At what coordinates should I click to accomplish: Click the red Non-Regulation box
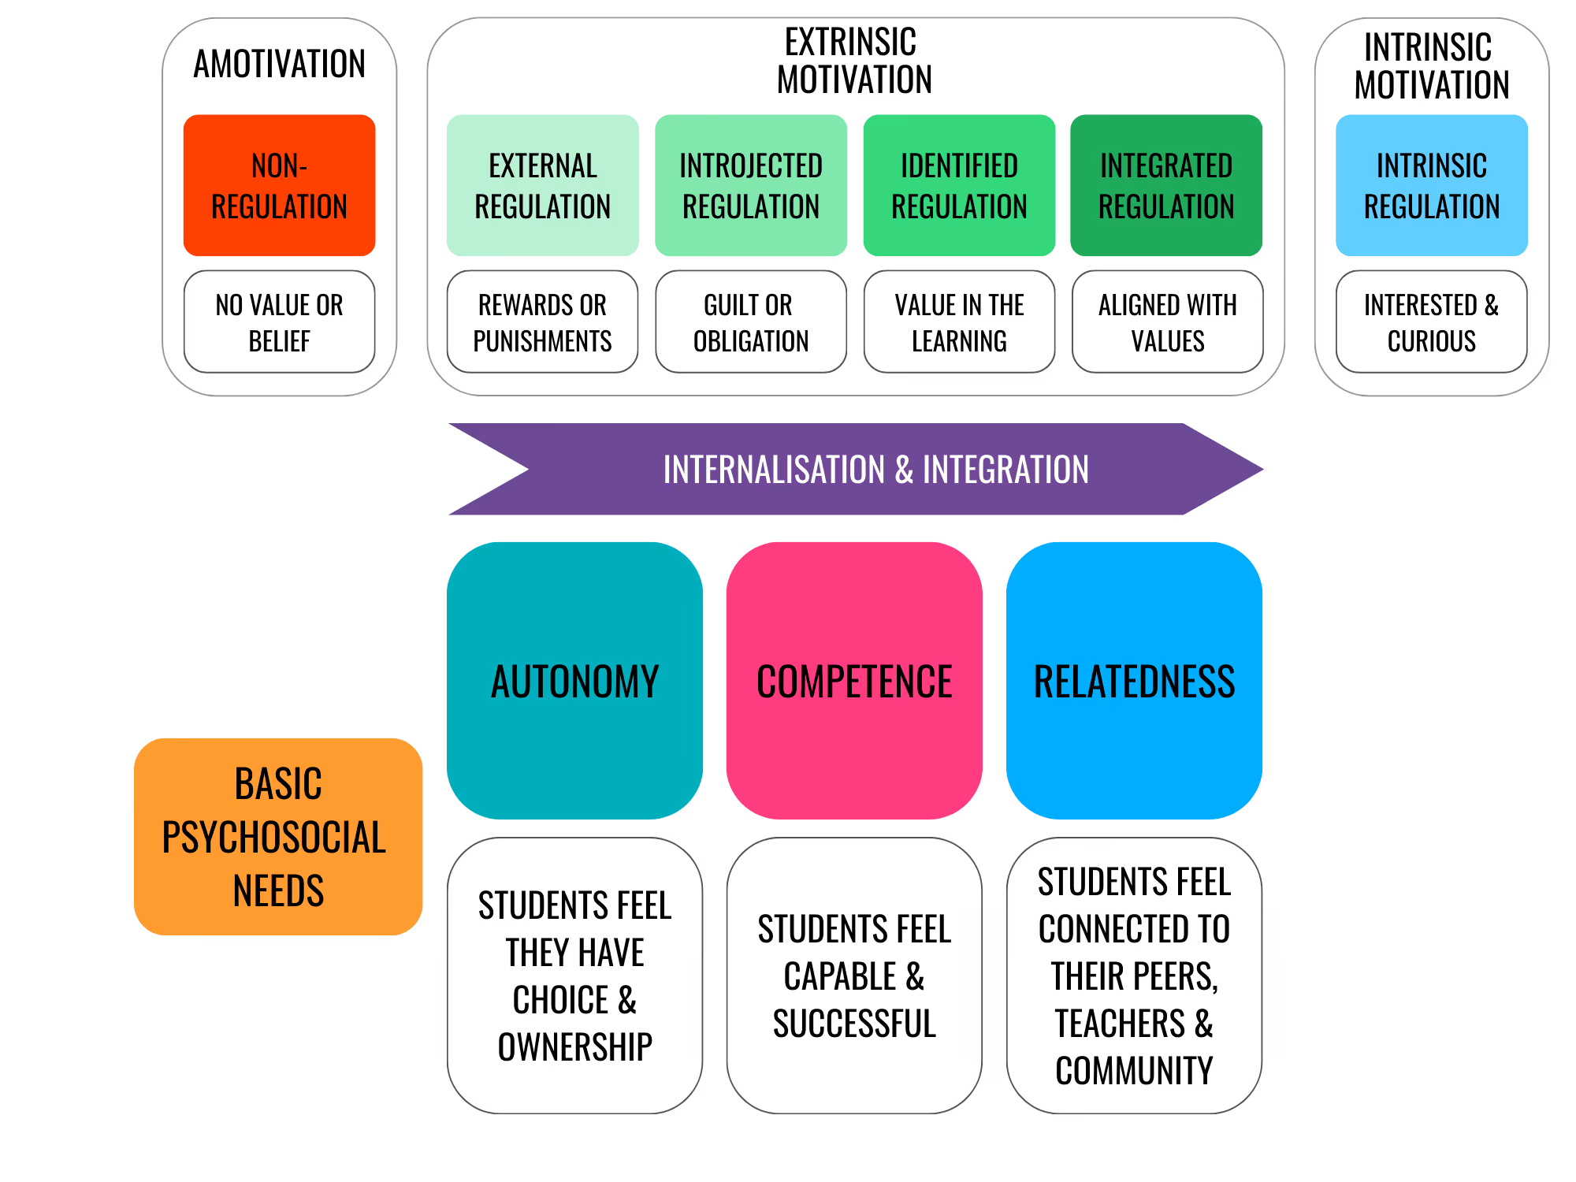coord(279,185)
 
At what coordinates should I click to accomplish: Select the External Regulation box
coord(542,185)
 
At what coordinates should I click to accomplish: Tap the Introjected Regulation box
coord(751,185)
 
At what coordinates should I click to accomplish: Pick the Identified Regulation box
coord(959,185)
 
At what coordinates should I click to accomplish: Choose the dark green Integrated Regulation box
coord(1166,185)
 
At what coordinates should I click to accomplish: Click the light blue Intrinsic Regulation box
coord(1432,185)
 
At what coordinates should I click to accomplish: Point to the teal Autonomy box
coord(574,680)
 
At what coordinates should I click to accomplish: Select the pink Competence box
coord(854,680)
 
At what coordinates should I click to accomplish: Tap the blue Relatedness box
coord(1134,680)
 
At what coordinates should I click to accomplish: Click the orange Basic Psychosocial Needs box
coord(278,836)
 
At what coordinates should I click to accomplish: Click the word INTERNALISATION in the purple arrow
coord(774,470)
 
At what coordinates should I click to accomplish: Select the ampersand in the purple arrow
coord(904,470)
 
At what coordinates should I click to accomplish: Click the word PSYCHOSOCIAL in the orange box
coord(273,837)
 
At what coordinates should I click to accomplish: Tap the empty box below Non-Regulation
coord(279,322)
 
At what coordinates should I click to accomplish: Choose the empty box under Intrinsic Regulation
coord(1431,322)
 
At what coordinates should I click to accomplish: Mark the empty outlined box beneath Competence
coord(854,975)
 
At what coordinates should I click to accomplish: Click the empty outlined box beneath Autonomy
coord(574,975)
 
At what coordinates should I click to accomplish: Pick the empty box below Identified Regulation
coord(959,322)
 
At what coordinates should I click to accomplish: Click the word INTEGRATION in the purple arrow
coord(1005,470)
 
